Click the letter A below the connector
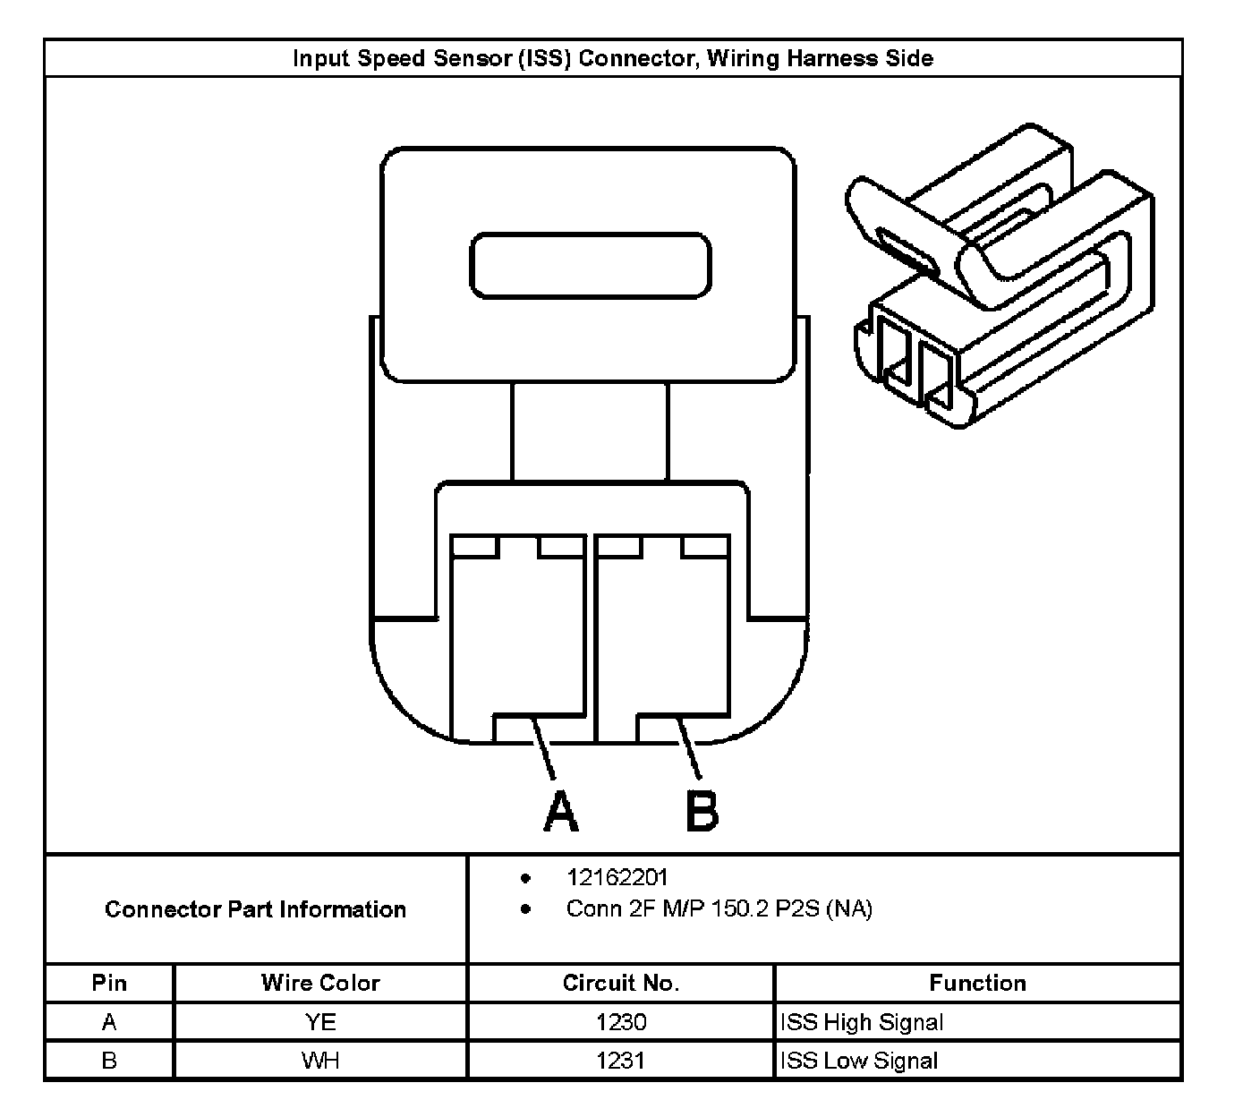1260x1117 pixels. pyautogui.click(x=560, y=811)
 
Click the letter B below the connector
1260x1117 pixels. pyautogui.click(x=702, y=811)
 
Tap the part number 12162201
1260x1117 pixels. pyautogui.click(x=617, y=877)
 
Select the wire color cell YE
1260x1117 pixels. pyautogui.click(x=320, y=1021)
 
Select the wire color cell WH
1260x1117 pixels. pyautogui.click(x=320, y=1061)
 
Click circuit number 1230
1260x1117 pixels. pyautogui.click(x=620, y=1021)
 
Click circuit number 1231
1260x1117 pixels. pyautogui.click(x=620, y=1061)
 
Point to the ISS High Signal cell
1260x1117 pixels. pyautogui.click(x=862, y=1021)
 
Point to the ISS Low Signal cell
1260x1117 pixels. pyautogui.click(x=859, y=1061)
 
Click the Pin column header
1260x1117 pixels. pyautogui.click(x=109, y=983)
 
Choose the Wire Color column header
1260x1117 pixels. pyautogui.click(x=320, y=983)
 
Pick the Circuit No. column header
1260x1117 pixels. pyautogui.click(x=620, y=983)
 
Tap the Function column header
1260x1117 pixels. pyautogui.click(x=977, y=983)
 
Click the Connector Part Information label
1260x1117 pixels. pyautogui.click(x=256, y=909)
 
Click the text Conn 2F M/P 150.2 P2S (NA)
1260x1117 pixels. pyautogui.click(x=719, y=909)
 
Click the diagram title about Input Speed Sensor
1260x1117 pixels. pyautogui.click(x=613, y=59)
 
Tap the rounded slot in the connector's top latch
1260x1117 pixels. pyautogui.click(x=591, y=265)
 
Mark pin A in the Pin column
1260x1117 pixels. pyautogui.click(x=109, y=1021)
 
